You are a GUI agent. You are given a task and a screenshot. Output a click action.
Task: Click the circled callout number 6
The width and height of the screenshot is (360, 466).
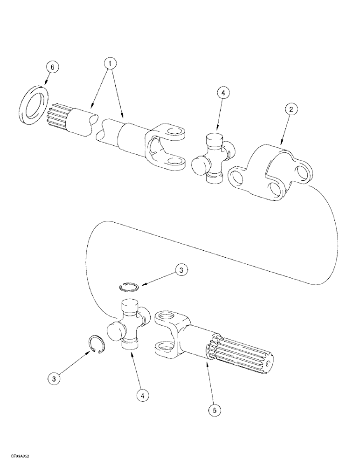coord(52,68)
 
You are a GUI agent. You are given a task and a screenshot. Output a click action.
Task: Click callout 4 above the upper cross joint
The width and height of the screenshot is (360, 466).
coord(223,93)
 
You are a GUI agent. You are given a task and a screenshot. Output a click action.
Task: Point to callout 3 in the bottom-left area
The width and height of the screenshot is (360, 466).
coord(54,379)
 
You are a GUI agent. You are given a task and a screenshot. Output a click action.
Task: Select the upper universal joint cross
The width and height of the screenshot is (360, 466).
coord(214,156)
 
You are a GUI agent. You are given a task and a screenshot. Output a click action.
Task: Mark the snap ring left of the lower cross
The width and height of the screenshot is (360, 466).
coord(99,346)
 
